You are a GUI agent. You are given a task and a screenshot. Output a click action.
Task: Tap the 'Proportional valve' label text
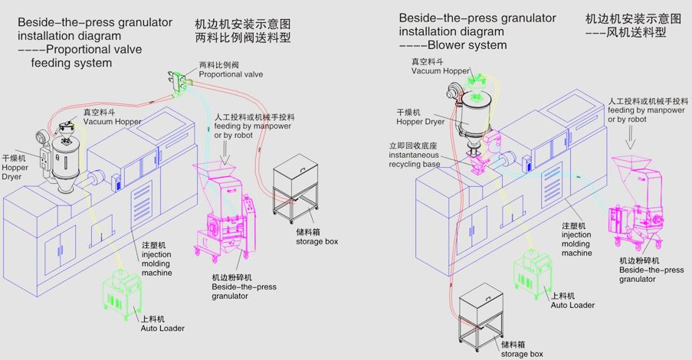[231, 74]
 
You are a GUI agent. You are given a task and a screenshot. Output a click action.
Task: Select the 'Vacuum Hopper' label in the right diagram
[440, 70]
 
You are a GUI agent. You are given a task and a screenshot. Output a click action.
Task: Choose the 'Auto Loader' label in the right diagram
[572, 304]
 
